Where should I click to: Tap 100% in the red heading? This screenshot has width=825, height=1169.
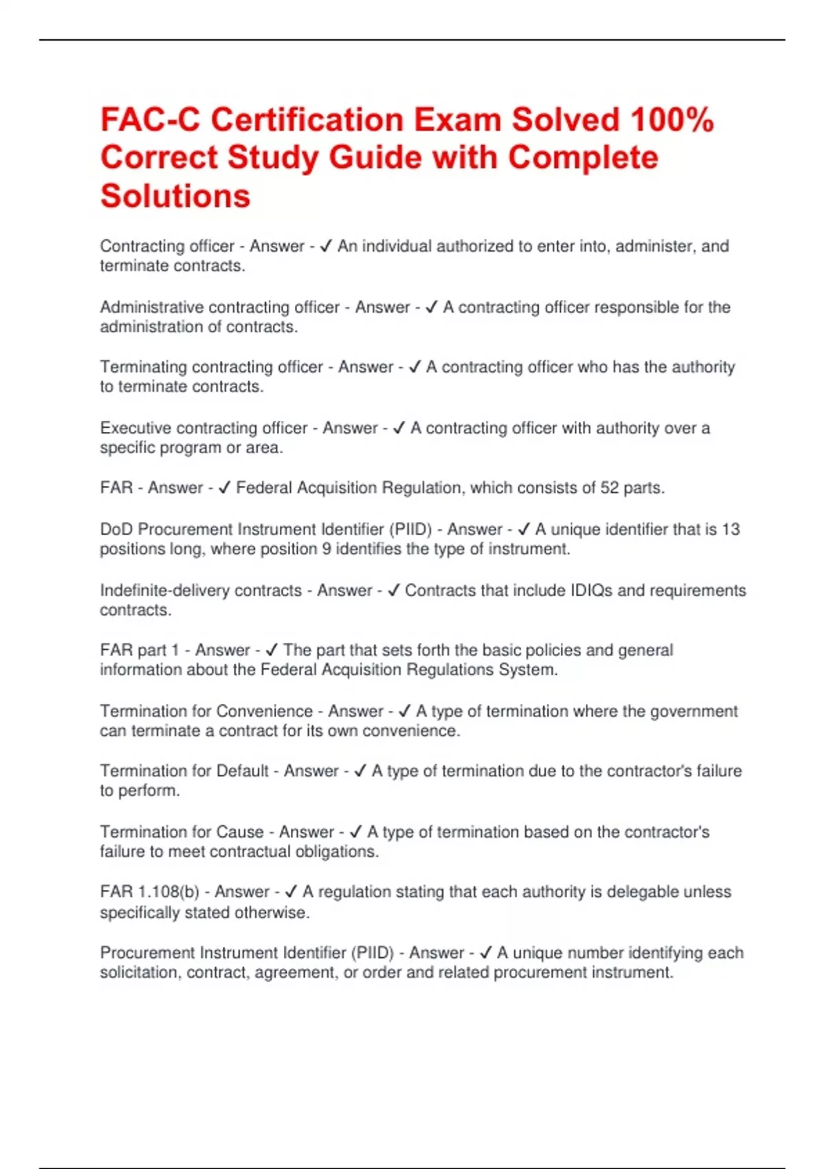(672, 120)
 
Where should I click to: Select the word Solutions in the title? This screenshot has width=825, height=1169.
(175, 196)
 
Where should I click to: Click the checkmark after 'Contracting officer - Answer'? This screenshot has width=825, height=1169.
(327, 246)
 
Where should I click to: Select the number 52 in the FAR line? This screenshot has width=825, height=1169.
(610, 488)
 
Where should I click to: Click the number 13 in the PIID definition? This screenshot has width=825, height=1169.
(731, 529)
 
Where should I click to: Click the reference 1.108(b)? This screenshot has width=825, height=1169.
(168, 892)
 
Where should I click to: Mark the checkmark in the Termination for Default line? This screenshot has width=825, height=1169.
(360, 772)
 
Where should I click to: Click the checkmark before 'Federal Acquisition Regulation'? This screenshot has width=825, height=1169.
(224, 488)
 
